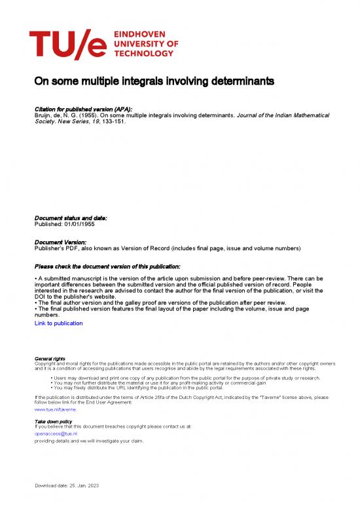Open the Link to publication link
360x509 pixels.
pos(59,323)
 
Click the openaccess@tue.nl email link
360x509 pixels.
pos(56,433)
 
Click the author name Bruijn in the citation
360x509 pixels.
pos(43,114)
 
